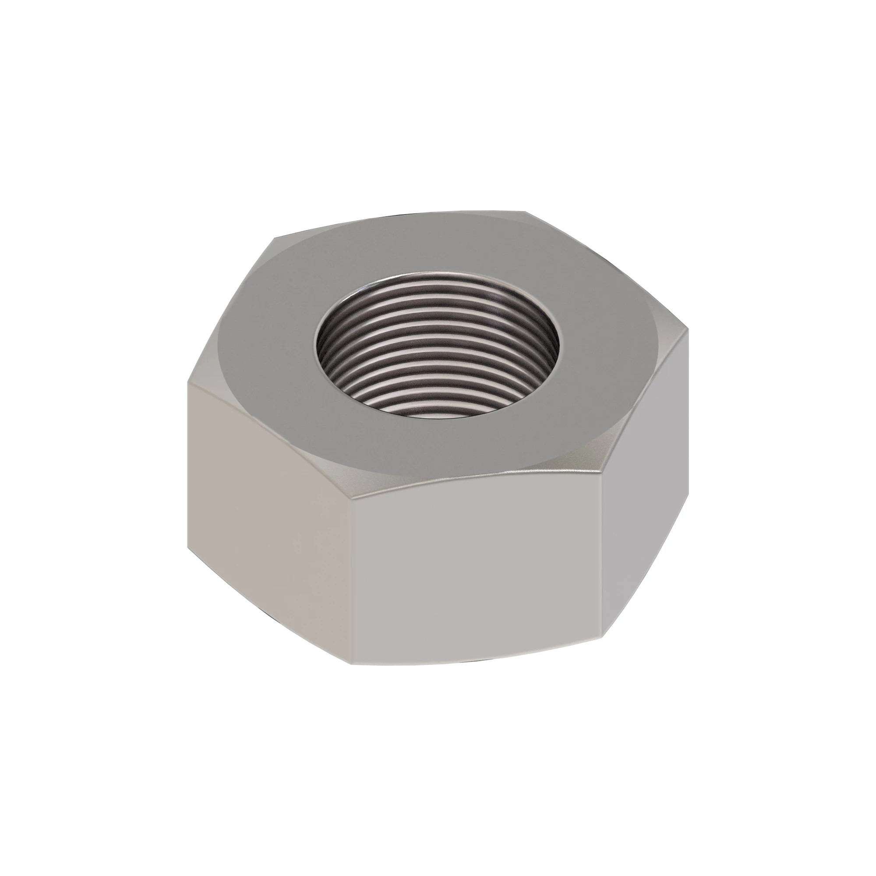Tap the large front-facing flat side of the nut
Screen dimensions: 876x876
click(x=476, y=571)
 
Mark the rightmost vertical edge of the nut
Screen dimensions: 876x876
click(x=688, y=431)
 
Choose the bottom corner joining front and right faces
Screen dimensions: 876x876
click(x=602, y=635)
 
